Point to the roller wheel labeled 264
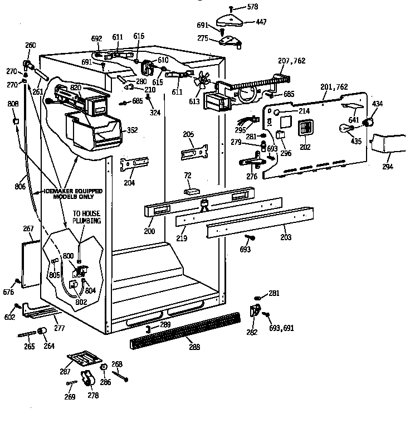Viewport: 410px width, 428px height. coord(41,332)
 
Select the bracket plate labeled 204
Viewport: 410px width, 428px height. coord(133,165)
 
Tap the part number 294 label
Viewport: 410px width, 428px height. coord(387,167)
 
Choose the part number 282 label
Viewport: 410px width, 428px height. coord(251,332)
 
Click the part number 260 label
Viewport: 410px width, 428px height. coord(30,45)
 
